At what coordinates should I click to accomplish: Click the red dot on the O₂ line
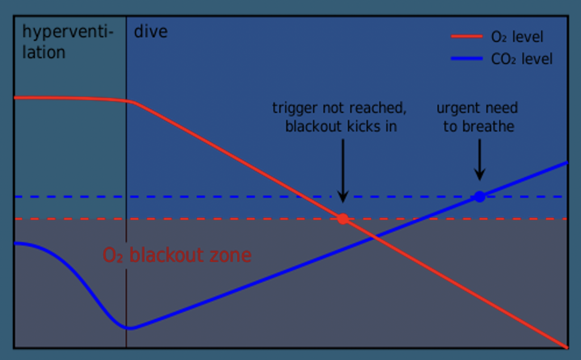point(343,219)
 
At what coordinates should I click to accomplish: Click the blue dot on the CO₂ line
point(479,197)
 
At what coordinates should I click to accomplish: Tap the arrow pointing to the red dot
point(342,170)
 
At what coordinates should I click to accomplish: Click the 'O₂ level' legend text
point(517,37)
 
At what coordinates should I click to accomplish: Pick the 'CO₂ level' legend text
point(521,59)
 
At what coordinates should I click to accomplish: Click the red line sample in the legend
point(466,37)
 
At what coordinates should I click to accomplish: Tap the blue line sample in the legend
point(466,59)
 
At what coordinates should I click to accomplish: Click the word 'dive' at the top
point(150,31)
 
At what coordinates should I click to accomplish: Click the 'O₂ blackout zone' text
point(176,255)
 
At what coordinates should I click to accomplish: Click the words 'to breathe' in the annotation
point(478,126)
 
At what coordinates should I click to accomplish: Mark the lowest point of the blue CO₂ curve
point(129,328)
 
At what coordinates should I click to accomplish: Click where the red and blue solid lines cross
point(375,238)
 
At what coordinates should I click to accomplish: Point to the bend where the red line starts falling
point(130,101)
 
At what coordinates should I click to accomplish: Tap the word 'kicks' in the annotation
point(367,126)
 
